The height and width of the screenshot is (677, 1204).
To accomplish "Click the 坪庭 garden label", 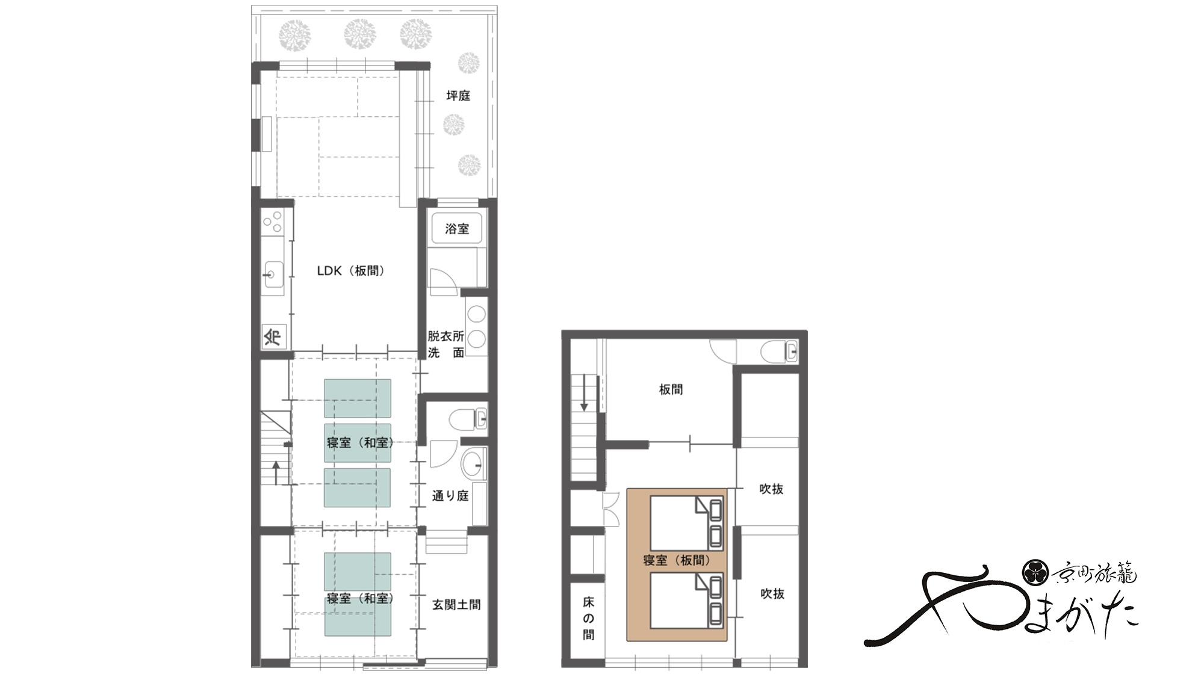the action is click(x=458, y=96).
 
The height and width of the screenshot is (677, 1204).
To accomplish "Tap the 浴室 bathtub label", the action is click(x=457, y=229).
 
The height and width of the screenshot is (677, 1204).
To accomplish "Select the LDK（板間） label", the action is click(x=350, y=271).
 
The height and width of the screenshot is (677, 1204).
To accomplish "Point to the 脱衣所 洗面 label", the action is click(x=446, y=344).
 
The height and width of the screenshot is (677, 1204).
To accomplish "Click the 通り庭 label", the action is click(x=450, y=496).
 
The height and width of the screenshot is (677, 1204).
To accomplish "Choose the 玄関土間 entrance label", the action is click(x=456, y=605).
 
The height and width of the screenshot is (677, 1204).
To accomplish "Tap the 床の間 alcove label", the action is click(x=588, y=618).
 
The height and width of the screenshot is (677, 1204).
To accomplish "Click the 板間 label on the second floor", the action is click(x=671, y=389).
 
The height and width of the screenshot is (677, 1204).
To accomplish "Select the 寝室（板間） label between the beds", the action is click(x=677, y=560).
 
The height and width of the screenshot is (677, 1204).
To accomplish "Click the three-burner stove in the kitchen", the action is click(x=273, y=221).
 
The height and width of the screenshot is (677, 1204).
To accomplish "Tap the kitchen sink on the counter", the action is click(x=273, y=275).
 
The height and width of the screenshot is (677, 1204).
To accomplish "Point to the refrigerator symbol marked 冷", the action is click(x=273, y=336).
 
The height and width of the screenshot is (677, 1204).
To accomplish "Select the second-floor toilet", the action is click(x=779, y=351).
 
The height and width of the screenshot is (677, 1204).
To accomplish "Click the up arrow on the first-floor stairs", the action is click(x=276, y=473).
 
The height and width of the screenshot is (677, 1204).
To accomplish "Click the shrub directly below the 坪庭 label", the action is click(x=454, y=125).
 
